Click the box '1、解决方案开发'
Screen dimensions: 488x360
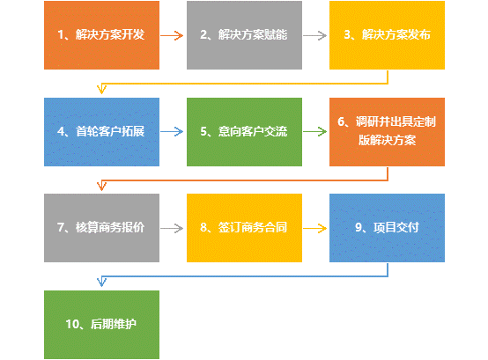point(101,35)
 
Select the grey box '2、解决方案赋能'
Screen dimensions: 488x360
point(244,35)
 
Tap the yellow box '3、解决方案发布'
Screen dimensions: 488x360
point(388,35)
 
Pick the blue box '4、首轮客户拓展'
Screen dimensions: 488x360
point(101,132)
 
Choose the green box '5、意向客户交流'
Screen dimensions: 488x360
point(244,132)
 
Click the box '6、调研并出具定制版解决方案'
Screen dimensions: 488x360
point(388,132)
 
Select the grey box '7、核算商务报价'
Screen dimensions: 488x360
point(101,228)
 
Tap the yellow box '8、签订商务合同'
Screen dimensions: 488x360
point(244,228)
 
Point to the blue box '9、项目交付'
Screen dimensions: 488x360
point(388,228)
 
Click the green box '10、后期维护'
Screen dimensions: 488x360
point(101,325)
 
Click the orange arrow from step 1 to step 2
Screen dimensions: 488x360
point(172,35)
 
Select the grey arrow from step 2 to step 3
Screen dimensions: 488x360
point(314,35)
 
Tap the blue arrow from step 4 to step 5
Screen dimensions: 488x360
point(172,131)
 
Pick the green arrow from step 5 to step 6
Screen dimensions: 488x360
point(314,131)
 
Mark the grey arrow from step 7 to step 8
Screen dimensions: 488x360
point(172,229)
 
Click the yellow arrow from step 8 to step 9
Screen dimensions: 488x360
point(314,229)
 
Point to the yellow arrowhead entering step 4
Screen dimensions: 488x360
point(102,89)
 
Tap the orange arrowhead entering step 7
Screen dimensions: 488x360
point(102,186)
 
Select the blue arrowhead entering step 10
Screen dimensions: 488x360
point(102,282)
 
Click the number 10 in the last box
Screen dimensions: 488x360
point(73,324)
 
